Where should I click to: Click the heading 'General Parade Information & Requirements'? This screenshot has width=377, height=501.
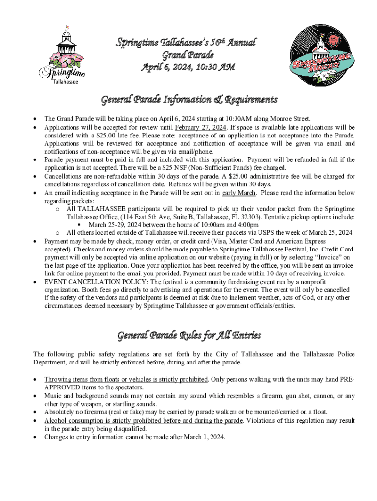pyautogui.click(x=189, y=100)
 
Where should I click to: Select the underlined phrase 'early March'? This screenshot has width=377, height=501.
pyautogui.click(x=239, y=193)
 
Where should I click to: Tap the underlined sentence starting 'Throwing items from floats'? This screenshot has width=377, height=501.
pyautogui.click(x=126, y=379)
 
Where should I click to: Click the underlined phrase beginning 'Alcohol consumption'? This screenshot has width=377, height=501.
pyautogui.click(x=143, y=421)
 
